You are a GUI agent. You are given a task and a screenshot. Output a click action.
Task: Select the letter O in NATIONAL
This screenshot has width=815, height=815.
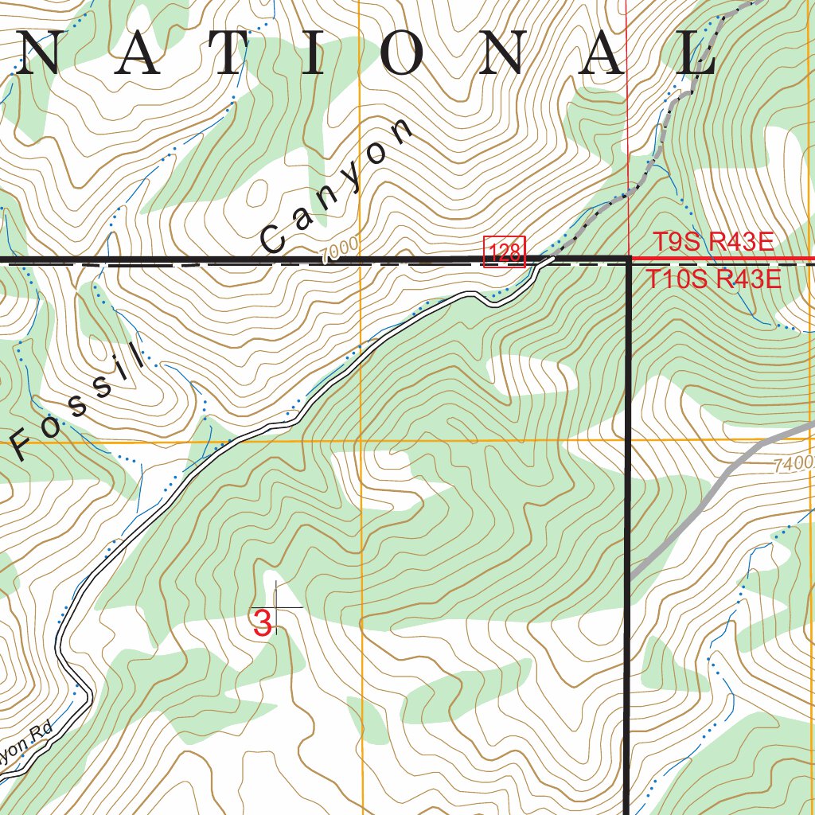(411, 54)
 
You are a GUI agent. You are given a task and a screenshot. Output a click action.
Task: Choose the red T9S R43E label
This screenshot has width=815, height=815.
(713, 242)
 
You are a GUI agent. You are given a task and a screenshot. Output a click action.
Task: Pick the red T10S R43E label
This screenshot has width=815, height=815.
(712, 279)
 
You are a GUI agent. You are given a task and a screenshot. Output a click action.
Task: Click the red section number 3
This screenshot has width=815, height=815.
(262, 622)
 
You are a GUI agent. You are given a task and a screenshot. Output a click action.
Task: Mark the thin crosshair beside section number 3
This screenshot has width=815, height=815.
(276, 607)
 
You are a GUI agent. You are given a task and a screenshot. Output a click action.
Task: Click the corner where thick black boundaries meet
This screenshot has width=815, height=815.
(628, 259)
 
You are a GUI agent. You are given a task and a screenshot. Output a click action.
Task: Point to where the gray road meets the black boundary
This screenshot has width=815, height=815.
(630, 575)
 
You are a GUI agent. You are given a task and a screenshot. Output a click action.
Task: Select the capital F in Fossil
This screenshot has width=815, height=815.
(22, 445)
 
